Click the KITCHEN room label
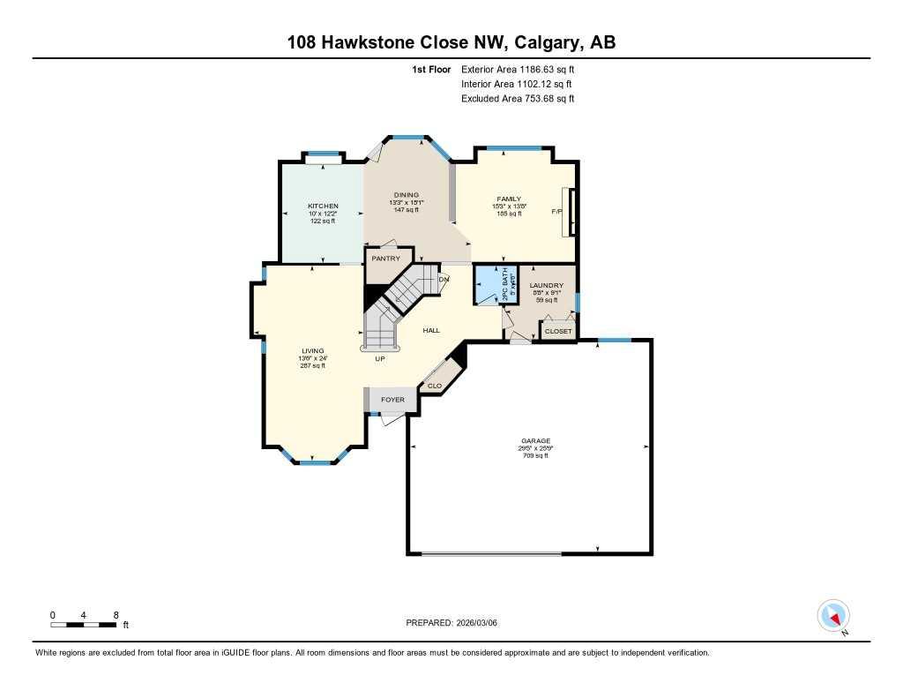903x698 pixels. pos(323,206)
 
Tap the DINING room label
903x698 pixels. pos(407,195)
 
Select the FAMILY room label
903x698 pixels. pos(509,199)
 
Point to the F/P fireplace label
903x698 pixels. pos(556,212)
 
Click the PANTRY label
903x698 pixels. pos(385,259)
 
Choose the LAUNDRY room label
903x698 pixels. pos(546,285)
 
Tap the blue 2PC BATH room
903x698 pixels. pos(487,284)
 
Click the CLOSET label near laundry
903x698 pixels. pos(558,331)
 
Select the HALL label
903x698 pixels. pos(431,330)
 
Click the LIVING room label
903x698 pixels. pos(313,350)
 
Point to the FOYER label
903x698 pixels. pos(392,400)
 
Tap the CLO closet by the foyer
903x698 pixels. pos(434,386)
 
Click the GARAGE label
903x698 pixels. pos(535,440)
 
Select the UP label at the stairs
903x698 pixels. pos(379,359)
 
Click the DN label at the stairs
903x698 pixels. pos(444,279)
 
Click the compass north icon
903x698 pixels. pos(833,615)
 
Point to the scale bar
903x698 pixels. pos(84,625)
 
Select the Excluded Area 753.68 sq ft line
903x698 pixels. pos(518,99)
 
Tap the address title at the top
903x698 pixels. pos(451,42)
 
